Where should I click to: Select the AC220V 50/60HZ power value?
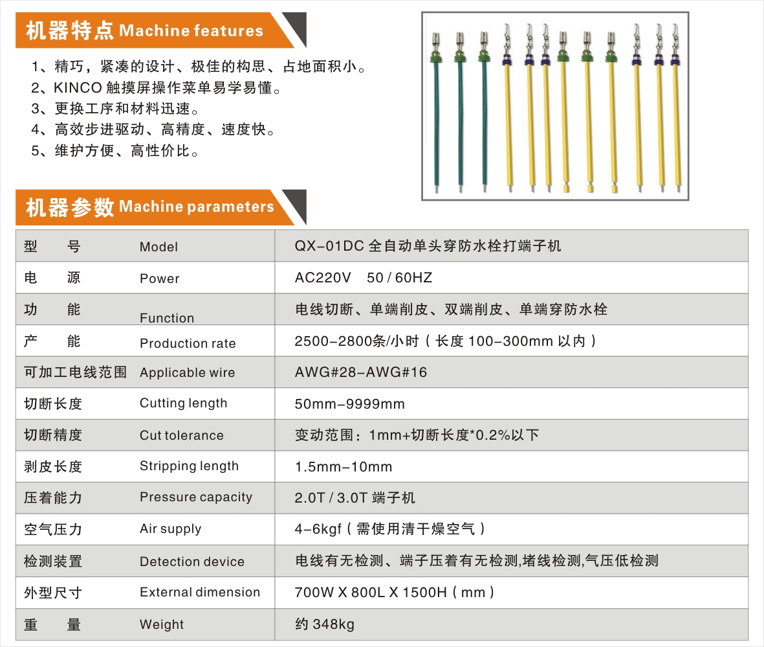(x=363, y=278)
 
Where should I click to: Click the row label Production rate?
(x=188, y=343)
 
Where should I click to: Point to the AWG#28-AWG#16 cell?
(x=360, y=372)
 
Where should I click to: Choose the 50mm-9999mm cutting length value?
(x=349, y=404)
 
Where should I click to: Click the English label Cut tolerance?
(x=181, y=435)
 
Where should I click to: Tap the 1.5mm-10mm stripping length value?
(x=343, y=467)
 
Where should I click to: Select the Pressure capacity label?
(x=195, y=497)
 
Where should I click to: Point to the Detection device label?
(x=191, y=562)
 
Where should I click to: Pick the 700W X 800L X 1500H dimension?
(x=395, y=592)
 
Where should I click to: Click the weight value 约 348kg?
(x=324, y=624)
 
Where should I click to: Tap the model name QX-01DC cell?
(x=427, y=246)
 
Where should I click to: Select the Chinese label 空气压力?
(x=53, y=529)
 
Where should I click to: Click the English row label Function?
(x=167, y=318)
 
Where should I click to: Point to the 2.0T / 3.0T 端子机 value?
(x=355, y=498)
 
